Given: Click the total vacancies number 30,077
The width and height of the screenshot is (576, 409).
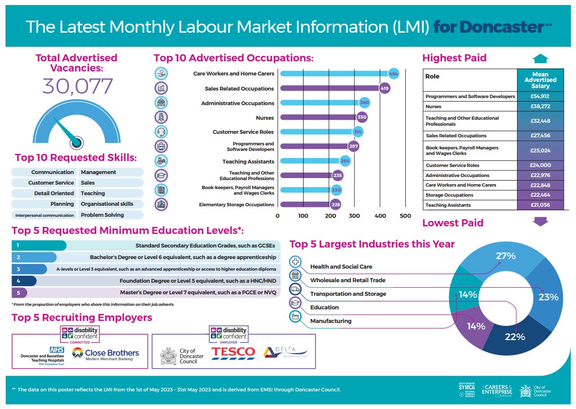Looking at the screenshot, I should tap(78, 87).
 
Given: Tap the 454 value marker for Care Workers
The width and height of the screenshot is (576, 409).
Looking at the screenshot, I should tap(393, 74).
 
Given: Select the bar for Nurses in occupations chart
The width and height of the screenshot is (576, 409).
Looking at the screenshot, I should tap(320, 118).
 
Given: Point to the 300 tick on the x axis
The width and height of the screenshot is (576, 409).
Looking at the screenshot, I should tap(354, 216).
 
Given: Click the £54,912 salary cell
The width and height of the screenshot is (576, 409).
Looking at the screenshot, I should tap(540, 96).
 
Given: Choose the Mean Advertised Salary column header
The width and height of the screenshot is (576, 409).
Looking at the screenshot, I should tap(540, 80).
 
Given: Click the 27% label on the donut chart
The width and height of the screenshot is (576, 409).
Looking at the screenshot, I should tap(506, 256).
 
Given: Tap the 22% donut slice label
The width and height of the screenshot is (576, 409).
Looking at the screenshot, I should tap(515, 337).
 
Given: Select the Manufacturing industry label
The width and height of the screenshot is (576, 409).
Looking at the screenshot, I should tap(331, 321).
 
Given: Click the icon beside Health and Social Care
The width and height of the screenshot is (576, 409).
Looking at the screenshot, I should tap(296, 262).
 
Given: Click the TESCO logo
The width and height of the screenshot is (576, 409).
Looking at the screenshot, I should tap(233, 352).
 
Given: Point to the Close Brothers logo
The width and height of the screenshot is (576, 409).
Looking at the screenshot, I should tap(105, 354).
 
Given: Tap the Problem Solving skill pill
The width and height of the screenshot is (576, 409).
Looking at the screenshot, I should tap(102, 215).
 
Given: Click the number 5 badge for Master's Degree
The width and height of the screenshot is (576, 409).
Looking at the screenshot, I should tap(18, 292).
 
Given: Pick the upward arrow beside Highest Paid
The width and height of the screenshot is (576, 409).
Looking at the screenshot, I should tap(540, 58).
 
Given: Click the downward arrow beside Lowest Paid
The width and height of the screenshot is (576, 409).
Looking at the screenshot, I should tap(540, 222).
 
